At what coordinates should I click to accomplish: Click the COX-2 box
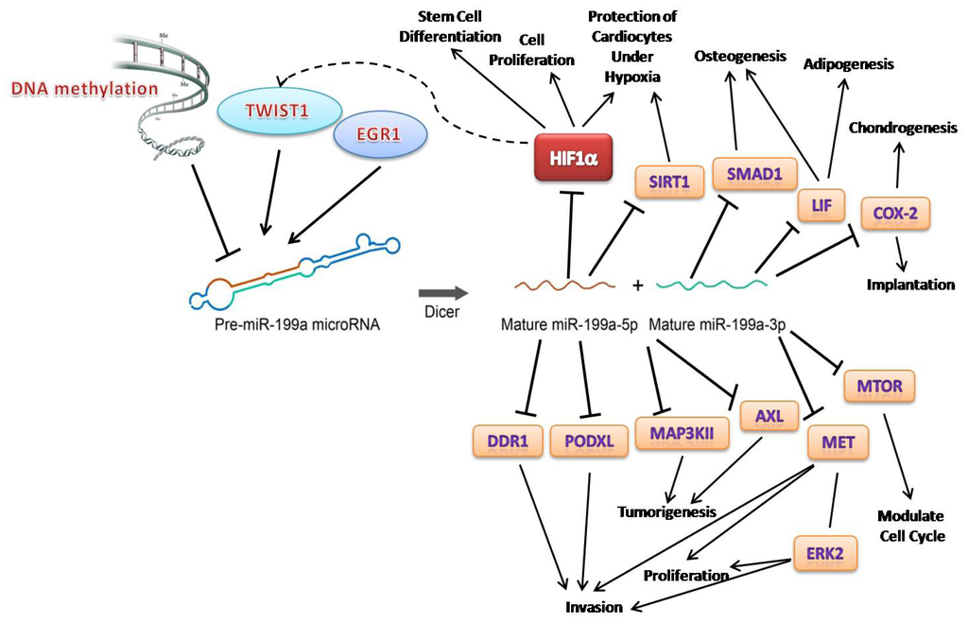tap(895, 214)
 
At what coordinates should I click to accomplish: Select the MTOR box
tap(879, 386)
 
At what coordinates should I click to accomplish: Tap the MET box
tap(832, 441)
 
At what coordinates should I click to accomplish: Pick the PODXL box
tap(589, 441)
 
